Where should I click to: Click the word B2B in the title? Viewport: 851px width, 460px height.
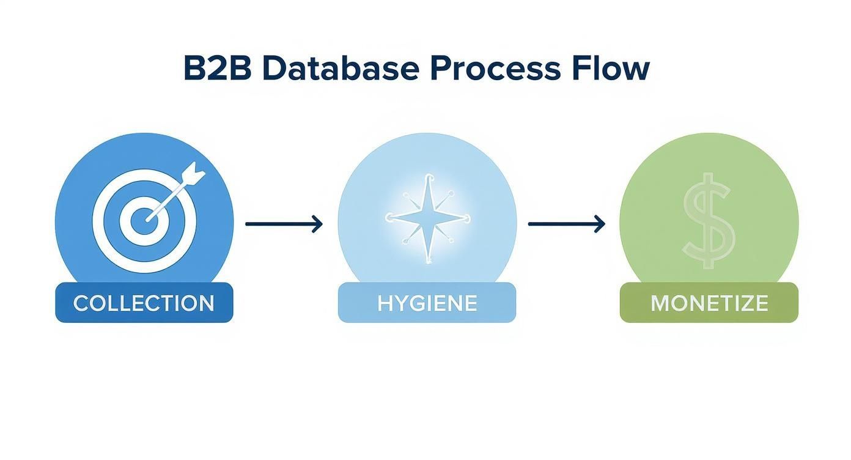[x=217, y=69]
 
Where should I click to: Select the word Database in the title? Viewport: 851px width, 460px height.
[x=340, y=69]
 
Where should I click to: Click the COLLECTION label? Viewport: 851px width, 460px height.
[x=144, y=303]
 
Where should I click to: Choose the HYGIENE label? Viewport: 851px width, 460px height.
[x=427, y=303]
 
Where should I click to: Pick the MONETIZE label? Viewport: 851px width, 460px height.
[x=709, y=303]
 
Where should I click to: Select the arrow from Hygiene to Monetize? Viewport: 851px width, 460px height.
[x=566, y=224]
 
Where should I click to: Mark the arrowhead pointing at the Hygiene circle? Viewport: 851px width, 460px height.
[x=317, y=224]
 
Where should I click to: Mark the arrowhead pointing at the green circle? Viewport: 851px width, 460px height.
[x=600, y=224]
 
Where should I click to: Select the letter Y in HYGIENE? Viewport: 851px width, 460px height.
[x=400, y=303]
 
